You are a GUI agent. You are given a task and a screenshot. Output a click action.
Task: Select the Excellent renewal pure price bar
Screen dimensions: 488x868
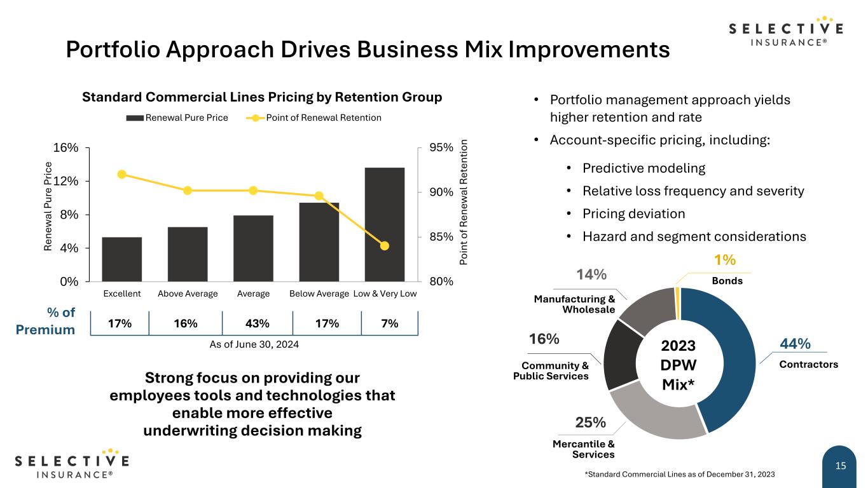(x=121, y=259)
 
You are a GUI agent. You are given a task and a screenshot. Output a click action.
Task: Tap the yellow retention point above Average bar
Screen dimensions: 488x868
(x=253, y=191)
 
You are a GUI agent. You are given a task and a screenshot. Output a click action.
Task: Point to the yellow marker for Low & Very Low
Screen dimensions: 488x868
(x=384, y=246)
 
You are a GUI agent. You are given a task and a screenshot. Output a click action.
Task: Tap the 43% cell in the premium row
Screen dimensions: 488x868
(x=257, y=323)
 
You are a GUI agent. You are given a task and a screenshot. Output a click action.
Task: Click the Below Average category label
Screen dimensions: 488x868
(x=319, y=294)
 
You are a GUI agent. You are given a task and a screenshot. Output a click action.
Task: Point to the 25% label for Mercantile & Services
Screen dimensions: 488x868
(x=591, y=423)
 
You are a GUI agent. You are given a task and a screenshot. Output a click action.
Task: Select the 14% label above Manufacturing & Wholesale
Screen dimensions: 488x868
(x=591, y=274)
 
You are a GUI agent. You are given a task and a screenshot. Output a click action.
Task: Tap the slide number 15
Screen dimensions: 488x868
(x=841, y=466)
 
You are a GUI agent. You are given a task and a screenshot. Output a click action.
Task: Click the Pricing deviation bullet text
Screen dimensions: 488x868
(x=625, y=213)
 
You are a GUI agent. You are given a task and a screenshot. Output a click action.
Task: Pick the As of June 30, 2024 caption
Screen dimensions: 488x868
(x=254, y=344)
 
